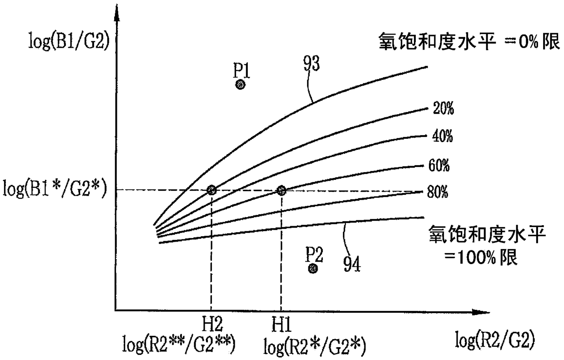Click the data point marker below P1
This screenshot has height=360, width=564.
coord(240,85)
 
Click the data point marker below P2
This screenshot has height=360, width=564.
coord(313,269)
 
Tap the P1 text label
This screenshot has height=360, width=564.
coord(241,70)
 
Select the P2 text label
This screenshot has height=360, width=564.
coord(314,254)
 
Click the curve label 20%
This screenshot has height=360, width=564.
coord(443,108)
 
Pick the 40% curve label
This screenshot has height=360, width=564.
coord(443,136)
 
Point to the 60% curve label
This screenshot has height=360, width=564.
coord(439,166)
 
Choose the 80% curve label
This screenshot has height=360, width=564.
coord(438,192)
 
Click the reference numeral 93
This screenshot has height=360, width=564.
coord(312,63)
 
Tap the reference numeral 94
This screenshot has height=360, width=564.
coord(352,264)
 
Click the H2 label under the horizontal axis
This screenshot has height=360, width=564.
coord(212,324)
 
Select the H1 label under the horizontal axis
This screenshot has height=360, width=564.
coord(282,325)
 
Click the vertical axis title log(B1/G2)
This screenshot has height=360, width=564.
coord(69,41)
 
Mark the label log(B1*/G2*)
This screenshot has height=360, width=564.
coord(55,189)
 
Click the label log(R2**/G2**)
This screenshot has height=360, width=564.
coord(179,345)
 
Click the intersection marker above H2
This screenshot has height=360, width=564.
coord(211,190)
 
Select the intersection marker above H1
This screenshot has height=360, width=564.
coord(281,190)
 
